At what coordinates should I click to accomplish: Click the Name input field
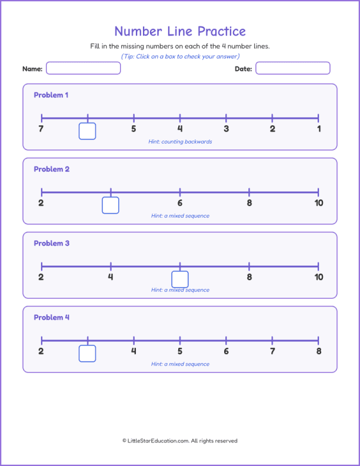pos(83,68)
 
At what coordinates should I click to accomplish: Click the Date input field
pos(292,68)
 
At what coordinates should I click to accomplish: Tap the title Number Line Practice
pos(180,31)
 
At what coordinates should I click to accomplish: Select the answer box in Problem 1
pos(87,131)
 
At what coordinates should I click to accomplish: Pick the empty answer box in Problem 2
pos(111,205)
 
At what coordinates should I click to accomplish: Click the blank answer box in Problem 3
pos(180,279)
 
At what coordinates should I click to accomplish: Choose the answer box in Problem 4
pos(87,354)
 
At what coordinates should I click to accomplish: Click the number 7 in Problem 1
pos(41,129)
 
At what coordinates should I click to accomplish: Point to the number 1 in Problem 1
pos(318,129)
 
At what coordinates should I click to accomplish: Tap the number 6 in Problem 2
pos(180,203)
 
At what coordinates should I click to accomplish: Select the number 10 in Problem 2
pos(318,203)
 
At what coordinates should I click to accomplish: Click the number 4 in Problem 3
pos(111,277)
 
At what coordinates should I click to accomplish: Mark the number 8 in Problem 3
pos(249,277)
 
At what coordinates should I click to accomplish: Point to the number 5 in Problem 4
pos(180,351)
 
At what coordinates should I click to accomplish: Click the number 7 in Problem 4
pos(272,351)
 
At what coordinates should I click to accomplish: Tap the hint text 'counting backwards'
pos(180,142)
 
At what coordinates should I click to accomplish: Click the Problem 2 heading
pos(52,169)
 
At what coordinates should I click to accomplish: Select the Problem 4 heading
pos(52,318)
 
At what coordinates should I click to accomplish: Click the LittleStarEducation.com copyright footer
pos(180,441)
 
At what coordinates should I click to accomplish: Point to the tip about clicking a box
pos(180,56)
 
